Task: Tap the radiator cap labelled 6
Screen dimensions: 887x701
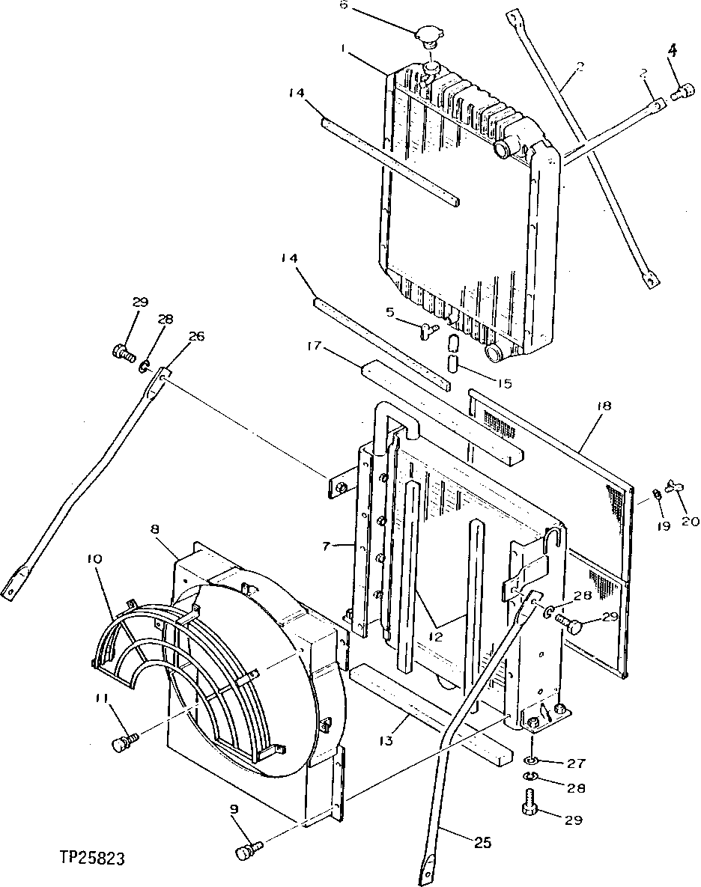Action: click(x=431, y=37)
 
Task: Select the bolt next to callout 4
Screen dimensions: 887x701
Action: click(x=682, y=93)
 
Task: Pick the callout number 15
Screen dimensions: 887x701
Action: click(x=505, y=384)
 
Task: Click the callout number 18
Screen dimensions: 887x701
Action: click(x=604, y=406)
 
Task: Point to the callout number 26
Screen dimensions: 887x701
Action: click(x=195, y=336)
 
